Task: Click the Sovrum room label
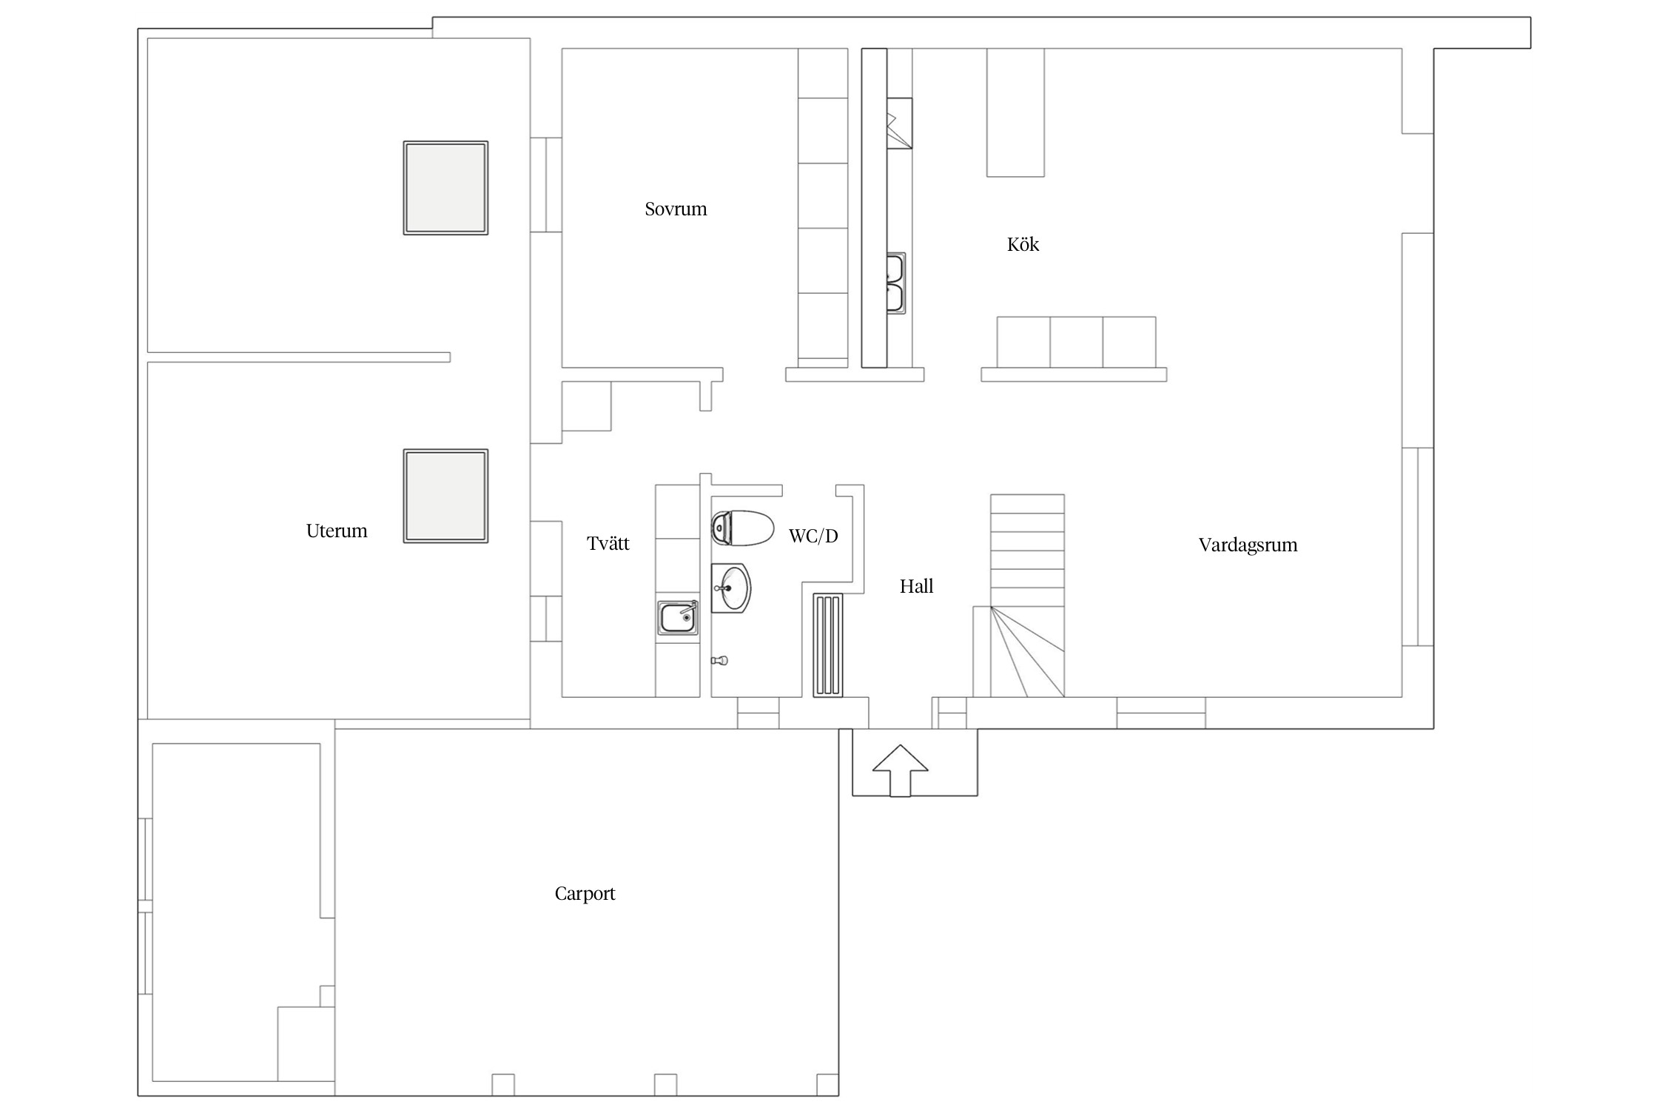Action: click(x=676, y=209)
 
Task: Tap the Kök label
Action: click(x=1023, y=244)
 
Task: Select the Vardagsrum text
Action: click(x=1248, y=545)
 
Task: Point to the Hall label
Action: click(x=916, y=586)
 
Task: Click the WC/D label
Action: click(x=813, y=536)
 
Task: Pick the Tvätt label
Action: click(x=608, y=543)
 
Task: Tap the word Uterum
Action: click(x=337, y=531)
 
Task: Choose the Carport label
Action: click(x=585, y=894)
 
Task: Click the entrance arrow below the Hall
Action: click(x=900, y=770)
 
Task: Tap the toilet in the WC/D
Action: click(x=742, y=528)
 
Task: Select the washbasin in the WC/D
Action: click(x=731, y=588)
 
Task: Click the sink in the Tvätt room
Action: click(x=678, y=618)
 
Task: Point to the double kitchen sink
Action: click(x=895, y=283)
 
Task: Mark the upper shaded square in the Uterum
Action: click(x=445, y=188)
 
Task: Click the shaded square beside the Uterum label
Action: click(x=445, y=496)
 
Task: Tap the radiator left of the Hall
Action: click(x=828, y=645)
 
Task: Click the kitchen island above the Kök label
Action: click(x=1015, y=112)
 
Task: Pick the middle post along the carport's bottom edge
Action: click(x=665, y=1084)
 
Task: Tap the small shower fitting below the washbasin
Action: click(x=719, y=660)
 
